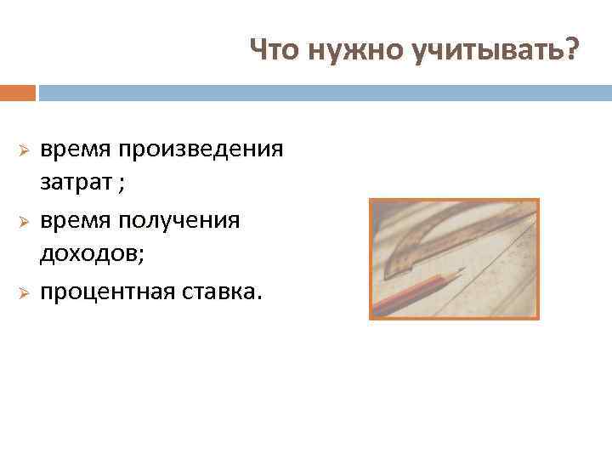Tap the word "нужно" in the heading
[x=344, y=53]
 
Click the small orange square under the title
[x=18, y=92]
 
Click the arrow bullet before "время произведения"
[x=25, y=150]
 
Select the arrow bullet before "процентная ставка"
[x=25, y=293]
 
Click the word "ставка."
[x=222, y=292]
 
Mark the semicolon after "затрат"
[x=114, y=183]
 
